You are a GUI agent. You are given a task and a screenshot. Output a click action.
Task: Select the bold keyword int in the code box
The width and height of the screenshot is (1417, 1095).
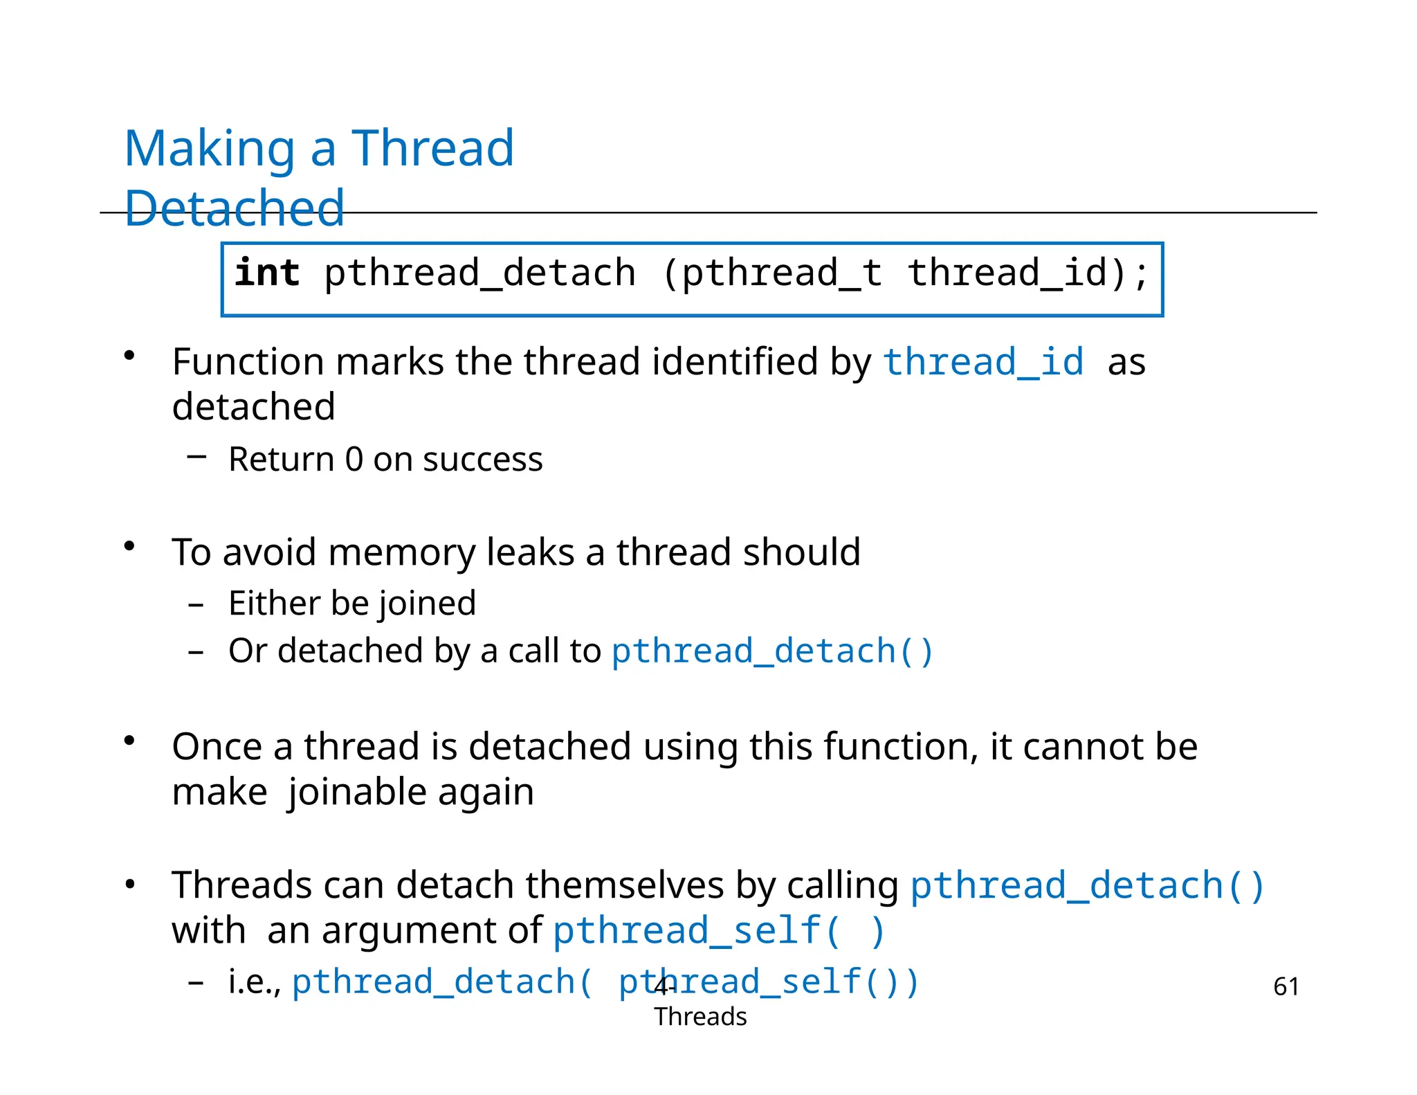click(267, 273)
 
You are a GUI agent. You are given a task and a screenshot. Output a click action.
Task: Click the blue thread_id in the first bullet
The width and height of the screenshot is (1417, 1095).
click(983, 362)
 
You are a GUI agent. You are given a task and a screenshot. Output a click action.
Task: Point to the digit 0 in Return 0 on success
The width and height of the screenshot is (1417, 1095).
click(354, 460)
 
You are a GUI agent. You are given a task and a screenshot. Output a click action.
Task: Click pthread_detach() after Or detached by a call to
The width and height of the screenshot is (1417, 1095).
click(772, 651)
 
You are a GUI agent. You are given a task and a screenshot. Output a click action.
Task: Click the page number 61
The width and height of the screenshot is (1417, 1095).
click(1286, 986)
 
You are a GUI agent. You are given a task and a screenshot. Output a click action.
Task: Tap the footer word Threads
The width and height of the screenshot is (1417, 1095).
click(700, 1017)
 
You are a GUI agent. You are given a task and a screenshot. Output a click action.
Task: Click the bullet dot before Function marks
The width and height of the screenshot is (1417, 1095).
click(129, 356)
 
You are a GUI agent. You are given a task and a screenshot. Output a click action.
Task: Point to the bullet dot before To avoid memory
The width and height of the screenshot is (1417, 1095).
click(129, 547)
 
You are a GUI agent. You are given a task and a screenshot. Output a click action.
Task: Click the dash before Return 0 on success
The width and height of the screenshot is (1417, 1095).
click(196, 455)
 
